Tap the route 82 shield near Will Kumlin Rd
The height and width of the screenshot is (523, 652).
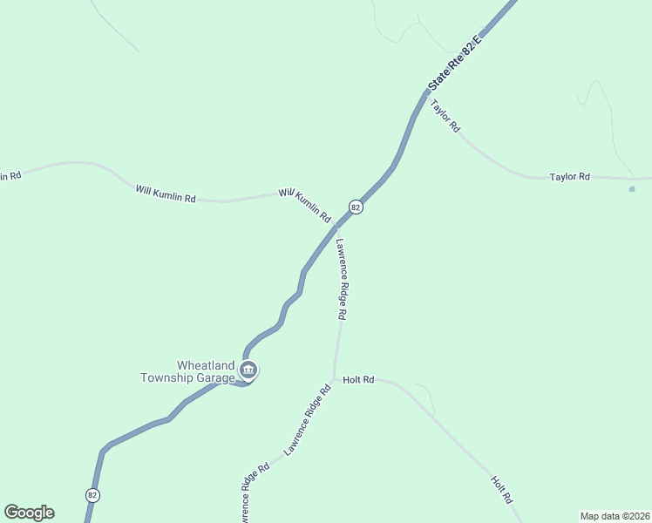[x=356, y=207]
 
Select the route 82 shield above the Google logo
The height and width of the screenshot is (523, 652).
[x=93, y=494]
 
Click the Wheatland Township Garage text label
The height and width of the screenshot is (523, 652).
[x=187, y=371]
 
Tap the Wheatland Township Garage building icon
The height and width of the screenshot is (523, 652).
[x=248, y=371]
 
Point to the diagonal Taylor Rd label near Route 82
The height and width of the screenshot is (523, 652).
[x=445, y=115]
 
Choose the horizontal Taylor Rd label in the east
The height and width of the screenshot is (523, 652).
[x=570, y=177]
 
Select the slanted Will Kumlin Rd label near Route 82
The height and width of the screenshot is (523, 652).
[x=305, y=205]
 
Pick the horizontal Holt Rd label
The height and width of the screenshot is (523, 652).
[x=358, y=380]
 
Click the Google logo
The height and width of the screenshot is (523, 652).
[x=29, y=513]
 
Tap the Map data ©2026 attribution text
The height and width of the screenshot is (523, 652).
[x=615, y=516]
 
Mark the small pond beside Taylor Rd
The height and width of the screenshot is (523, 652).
[x=632, y=188]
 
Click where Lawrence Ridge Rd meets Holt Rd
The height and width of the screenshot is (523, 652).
[x=334, y=379]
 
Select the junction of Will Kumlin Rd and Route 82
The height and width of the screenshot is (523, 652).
[x=336, y=226]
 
